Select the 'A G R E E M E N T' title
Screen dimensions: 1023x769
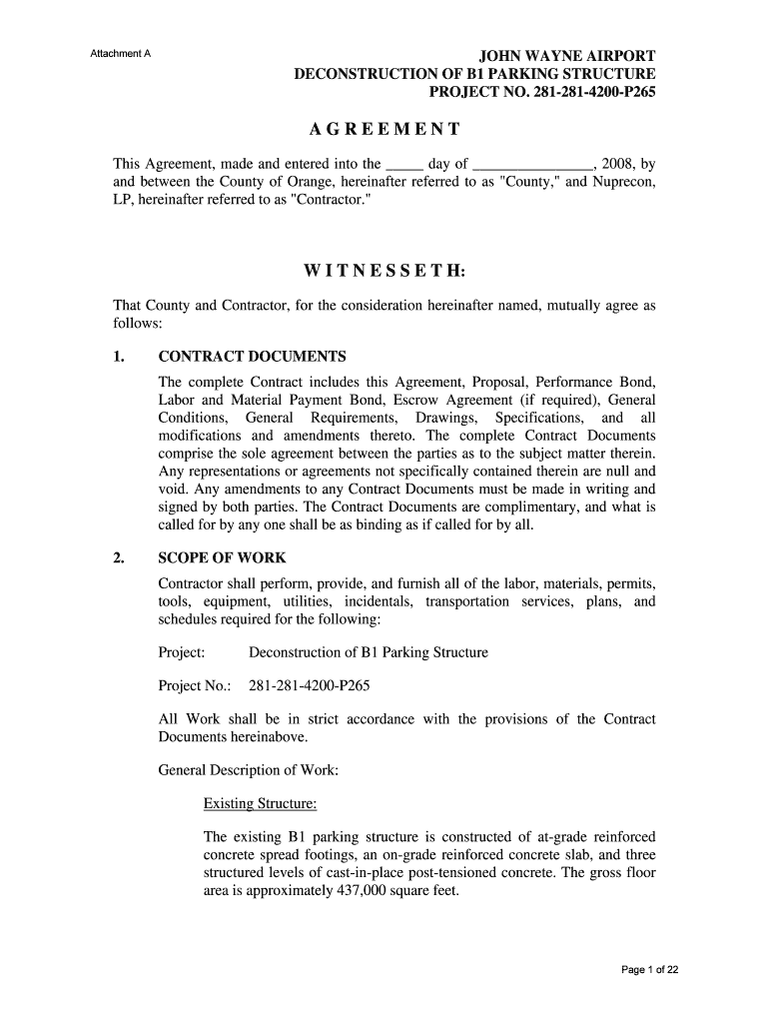pyautogui.click(x=384, y=130)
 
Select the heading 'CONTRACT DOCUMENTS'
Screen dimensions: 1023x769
pyautogui.click(x=252, y=357)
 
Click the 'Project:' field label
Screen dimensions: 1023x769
pyautogui.click(x=182, y=652)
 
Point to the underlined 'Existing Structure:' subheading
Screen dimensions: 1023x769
pyautogui.click(x=260, y=803)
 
